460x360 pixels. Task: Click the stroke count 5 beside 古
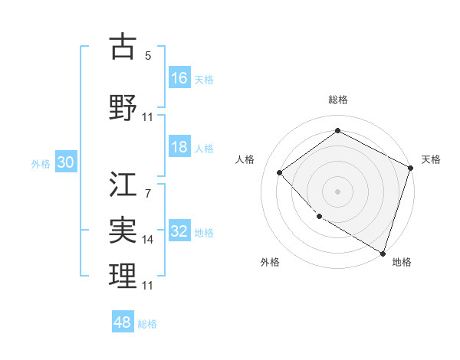click(x=148, y=56)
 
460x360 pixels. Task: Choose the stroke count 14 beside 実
click(x=148, y=240)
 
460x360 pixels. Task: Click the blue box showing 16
click(x=179, y=78)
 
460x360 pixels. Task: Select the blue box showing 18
click(x=179, y=148)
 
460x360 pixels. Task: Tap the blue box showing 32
click(x=179, y=231)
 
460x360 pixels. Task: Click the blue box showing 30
click(x=65, y=162)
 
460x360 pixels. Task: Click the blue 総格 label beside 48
click(x=147, y=324)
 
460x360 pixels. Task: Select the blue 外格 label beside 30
click(x=41, y=163)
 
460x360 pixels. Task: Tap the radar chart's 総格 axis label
click(x=338, y=100)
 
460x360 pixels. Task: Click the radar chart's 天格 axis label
click(x=431, y=159)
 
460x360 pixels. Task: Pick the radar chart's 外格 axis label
click(x=270, y=262)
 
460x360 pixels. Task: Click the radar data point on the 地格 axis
click(x=383, y=253)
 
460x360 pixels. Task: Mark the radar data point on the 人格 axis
click(x=280, y=172)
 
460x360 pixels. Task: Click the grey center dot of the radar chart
click(x=338, y=191)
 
